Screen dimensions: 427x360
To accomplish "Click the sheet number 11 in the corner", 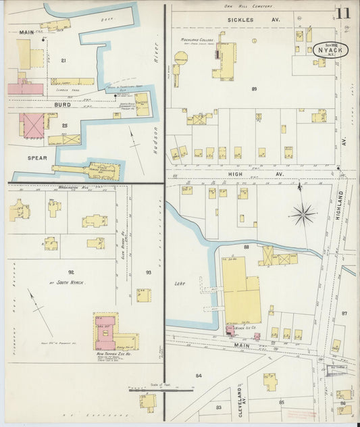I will [343, 13].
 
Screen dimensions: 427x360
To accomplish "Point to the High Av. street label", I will [255, 174].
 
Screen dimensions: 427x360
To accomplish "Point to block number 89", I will [254, 89].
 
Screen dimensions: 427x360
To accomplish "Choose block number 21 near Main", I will [63, 61].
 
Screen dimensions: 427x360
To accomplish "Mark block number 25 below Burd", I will [65, 126].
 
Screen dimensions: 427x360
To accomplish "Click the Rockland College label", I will [197, 40].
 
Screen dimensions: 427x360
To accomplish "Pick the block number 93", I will [148, 272].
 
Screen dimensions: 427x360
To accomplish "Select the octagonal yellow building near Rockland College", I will [181, 60].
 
